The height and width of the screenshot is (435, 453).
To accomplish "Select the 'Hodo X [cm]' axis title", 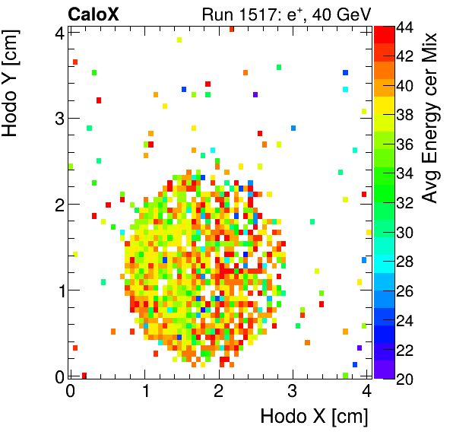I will [x=314, y=417].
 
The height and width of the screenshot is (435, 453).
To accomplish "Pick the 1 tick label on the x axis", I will [x=146, y=391].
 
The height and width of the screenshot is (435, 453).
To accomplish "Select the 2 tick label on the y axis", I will [x=57, y=204].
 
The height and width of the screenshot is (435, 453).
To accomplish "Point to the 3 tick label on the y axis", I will [x=57, y=118].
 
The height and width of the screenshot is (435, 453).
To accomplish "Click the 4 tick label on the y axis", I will [x=57, y=32].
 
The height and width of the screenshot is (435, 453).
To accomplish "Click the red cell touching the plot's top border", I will [x=232, y=29].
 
